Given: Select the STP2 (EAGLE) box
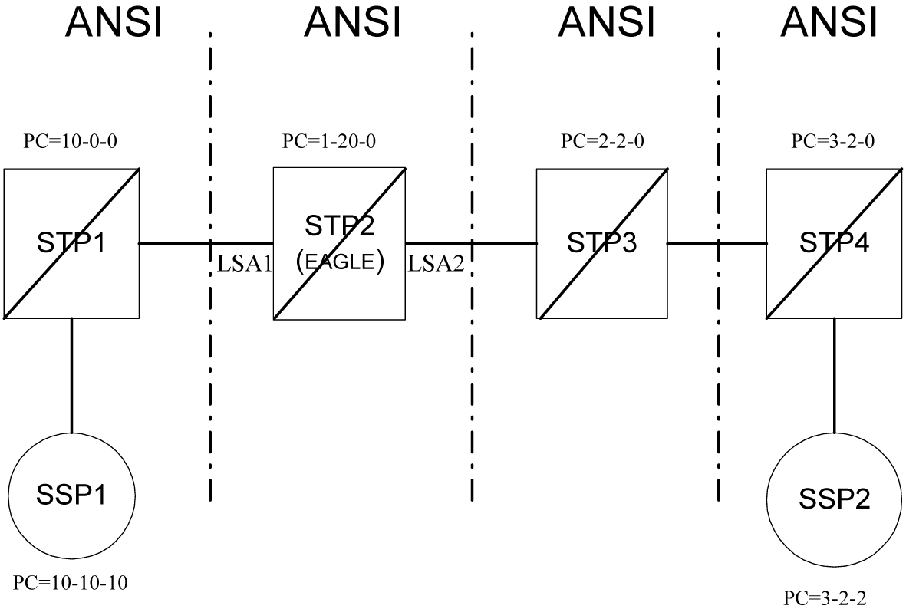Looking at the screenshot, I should click(339, 244).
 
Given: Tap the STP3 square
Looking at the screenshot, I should click(601, 244).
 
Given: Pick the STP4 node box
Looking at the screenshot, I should click(833, 244).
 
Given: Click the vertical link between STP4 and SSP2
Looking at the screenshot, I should click(835, 376).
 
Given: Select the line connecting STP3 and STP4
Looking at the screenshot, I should click(717, 244).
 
